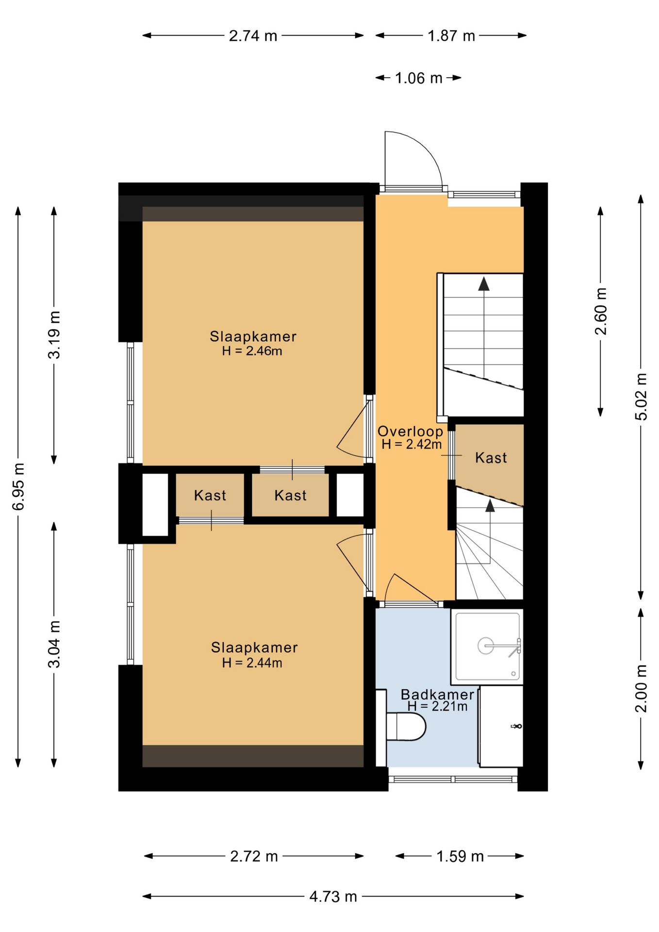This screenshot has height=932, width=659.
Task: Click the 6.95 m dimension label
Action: pyautogui.click(x=18, y=486)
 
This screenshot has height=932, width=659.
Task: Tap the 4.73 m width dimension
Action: pyautogui.click(x=333, y=896)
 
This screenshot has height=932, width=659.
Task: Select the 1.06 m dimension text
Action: pyautogui.click(x=418, y=78)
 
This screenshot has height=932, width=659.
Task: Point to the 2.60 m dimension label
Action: pyautogui.click(x=601, y=311)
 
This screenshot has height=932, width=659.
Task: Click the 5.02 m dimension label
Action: pyautogui.click(x=642, y=397)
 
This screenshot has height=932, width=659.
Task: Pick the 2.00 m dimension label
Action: pyautogui.click(x=642, y=689)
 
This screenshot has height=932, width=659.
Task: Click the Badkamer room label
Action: pyautogui.click(x=437, y=694)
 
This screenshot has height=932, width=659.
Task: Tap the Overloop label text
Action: pyautogui.click(x=410, y=431)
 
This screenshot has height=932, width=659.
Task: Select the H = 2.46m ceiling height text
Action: pyautogui.click(x=252, y=351)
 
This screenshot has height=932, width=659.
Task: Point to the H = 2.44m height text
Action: pyautogui.click(x=252, y=663)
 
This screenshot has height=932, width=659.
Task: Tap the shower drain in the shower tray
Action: pyautogui.click(x=486, y=646)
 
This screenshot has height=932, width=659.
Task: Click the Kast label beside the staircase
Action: pyautogui.click(x=491, y=458)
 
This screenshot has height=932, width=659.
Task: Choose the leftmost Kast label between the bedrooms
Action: pyautogui.click(x=210, y=496)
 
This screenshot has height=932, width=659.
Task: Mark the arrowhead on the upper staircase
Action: pyautogui.click(x=484, y=284)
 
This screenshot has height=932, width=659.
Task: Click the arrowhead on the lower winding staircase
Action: pyautogui.click(x=490, y=506)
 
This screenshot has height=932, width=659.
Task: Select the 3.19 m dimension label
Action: pyautogui.click(x=54, y=335)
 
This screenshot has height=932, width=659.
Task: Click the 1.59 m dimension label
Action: pyautogui.click(x=460, y=856)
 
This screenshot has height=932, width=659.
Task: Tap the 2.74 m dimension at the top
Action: pyautogui.click(x=253, y=36)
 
